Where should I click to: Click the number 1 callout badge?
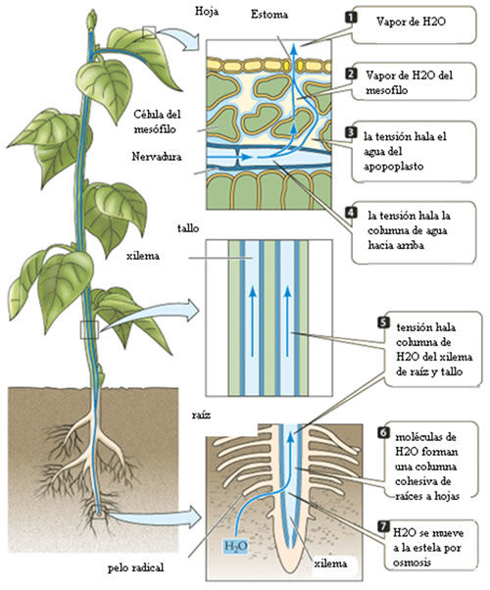(351, 18)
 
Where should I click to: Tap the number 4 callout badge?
(351, 213)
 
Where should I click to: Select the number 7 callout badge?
(383, 526)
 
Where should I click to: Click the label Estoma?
(269, 15)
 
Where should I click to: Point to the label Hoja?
(207, 12)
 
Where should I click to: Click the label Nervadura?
(157, 157)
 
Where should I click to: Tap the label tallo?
(188, 228)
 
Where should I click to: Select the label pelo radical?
(135, 567)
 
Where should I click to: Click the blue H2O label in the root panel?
(235, 546)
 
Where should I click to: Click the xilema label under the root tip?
(330, 564)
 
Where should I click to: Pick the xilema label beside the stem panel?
(143, 256)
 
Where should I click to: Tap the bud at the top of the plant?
(92, 20)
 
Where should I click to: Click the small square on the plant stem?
(89, 330)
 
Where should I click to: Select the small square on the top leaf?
(149, 32)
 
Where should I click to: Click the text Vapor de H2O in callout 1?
(411, 22)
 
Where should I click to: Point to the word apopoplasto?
(393, 167)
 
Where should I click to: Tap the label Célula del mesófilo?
(157, 122)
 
